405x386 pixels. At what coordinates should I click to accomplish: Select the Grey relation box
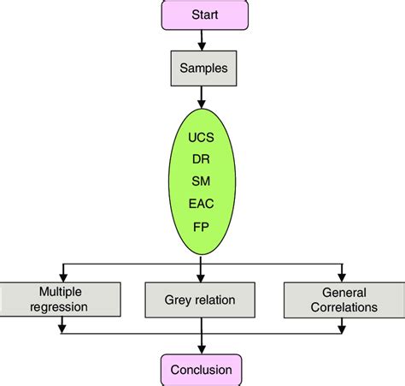click(202, 299)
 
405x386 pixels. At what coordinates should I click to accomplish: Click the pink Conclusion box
click(202, 371)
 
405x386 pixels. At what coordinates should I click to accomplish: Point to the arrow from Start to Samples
click(202, 38)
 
